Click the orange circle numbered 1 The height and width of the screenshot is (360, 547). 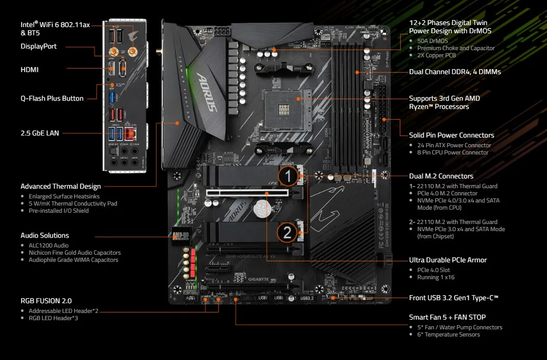[x=288, y=177]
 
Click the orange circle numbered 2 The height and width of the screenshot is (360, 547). [x=287, y=233]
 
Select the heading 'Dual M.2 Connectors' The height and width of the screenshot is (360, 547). [x=441, y=176]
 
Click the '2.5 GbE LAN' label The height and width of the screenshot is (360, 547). [x=40, y=133]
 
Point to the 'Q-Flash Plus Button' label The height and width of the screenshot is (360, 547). [x=52, y=98]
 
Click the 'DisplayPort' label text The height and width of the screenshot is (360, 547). [x=38, y=46]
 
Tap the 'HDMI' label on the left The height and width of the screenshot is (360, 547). [x=29, y=70]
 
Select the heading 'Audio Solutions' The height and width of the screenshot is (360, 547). [x=44, y=235]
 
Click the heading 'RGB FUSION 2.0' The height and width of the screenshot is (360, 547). [x=46, y=301]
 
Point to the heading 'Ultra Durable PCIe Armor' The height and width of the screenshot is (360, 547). [x=448, y=260]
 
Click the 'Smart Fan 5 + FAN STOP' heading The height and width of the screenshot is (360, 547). [x=447, y=317]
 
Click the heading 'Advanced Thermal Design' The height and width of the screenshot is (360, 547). [x=60, y=186]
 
